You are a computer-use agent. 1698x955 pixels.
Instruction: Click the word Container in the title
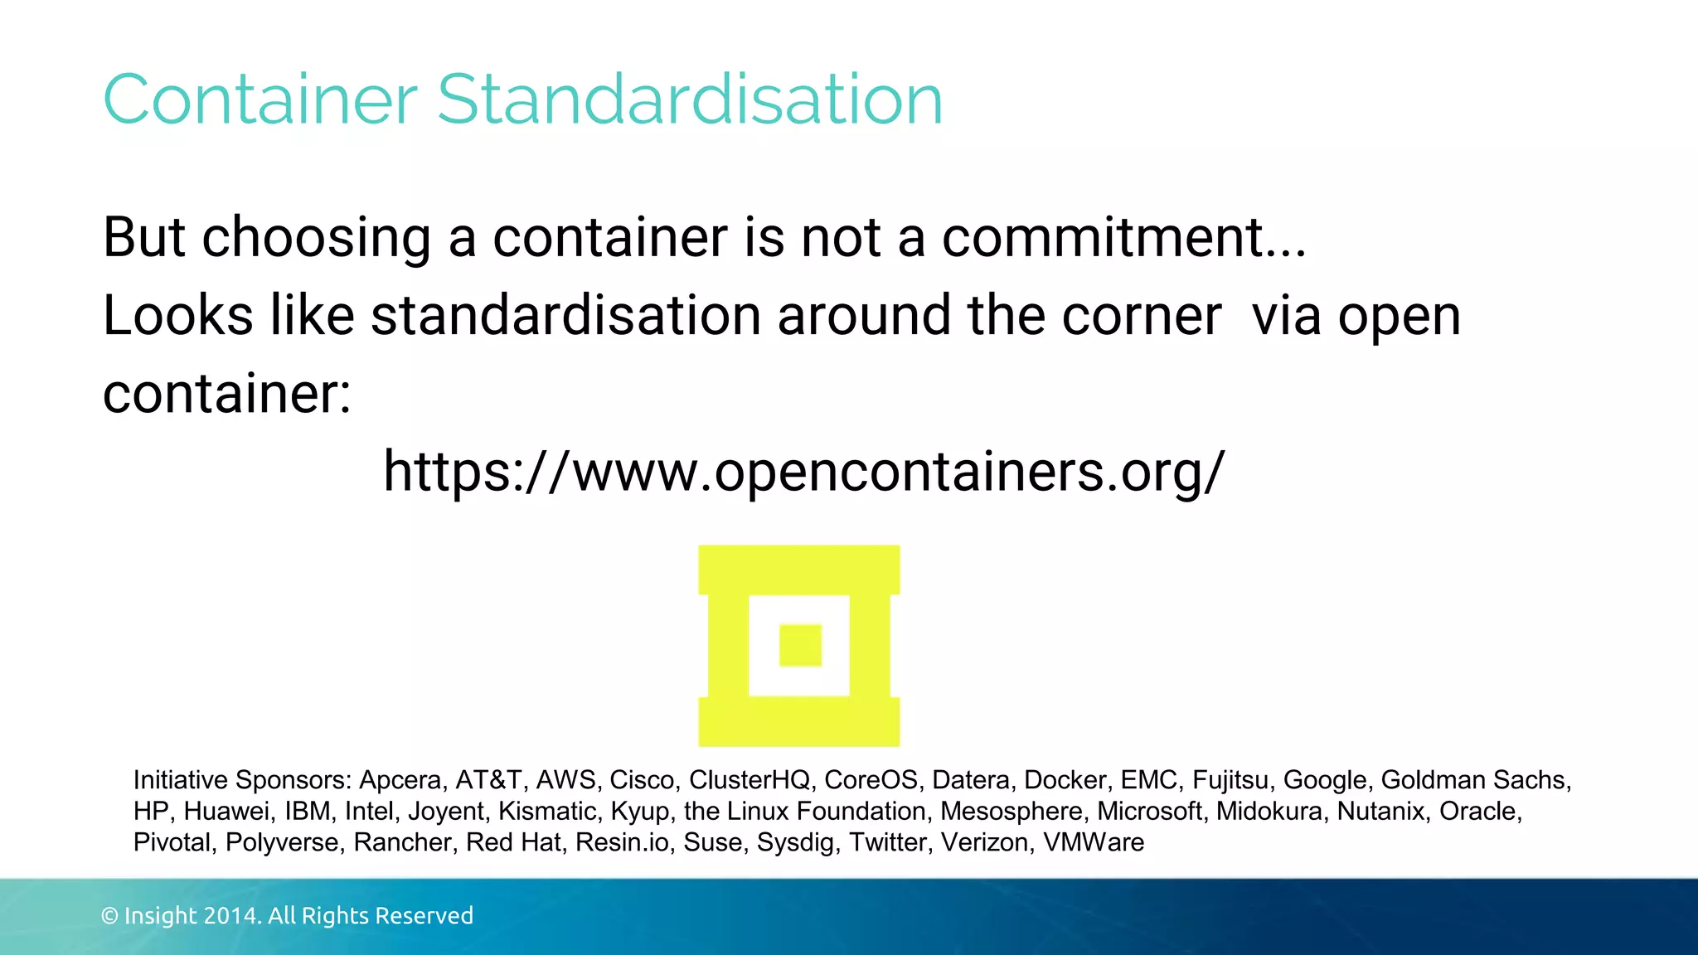[x=260, y=100]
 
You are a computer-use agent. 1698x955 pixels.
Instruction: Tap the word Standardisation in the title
[x=690, y=100]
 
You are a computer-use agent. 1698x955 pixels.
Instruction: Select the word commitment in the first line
[x=1102, y=238]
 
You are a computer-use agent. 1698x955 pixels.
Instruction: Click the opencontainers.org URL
[x=803, y=473]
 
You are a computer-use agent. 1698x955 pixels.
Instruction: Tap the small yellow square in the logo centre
[x=800, y=645]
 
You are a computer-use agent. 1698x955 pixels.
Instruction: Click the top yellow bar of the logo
[x=798, y=570]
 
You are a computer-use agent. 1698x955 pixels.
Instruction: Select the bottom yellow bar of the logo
[x=798, y=721]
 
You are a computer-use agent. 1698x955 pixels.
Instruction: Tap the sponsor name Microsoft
[x=1149, y=811]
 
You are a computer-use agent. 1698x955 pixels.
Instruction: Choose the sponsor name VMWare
[x=1093, y=842]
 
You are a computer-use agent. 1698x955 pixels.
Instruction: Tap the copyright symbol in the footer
[x=109, y=916]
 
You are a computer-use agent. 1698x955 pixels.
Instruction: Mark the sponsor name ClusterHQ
[x=749, y=780]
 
